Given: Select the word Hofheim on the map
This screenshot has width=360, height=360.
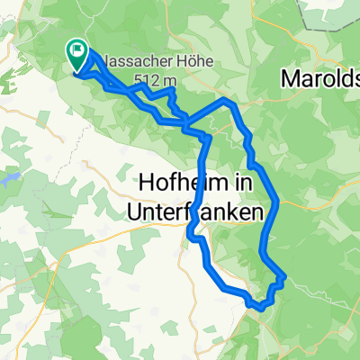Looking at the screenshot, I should click(x=176, y=184).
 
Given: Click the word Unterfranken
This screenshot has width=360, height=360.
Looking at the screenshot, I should click(x=202, y=212).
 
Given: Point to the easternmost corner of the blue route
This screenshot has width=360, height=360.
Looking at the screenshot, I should click(x=286, y=276).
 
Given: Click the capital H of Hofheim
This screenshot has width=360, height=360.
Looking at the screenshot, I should click(x=148, y=184).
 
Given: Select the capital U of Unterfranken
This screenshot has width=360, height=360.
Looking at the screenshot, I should click(x=149, y=212).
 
